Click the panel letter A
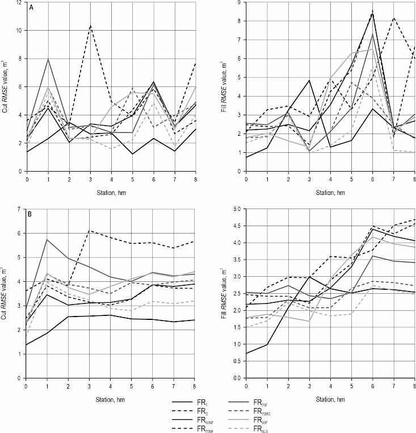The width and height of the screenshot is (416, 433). click(31, 10)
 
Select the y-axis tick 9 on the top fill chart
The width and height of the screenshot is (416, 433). click(240, 3)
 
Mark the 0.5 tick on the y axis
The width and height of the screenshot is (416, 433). click(237, 361)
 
